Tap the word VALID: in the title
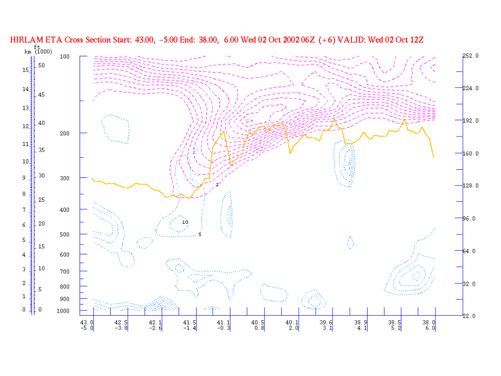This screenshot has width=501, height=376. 359,39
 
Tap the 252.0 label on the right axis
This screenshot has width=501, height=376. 470,56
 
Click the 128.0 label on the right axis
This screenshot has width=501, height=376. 470,186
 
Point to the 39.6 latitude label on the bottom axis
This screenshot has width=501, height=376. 327,321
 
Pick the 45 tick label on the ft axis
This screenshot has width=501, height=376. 41,94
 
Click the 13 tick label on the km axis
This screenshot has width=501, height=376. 25,108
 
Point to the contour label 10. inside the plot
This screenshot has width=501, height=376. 185,222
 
